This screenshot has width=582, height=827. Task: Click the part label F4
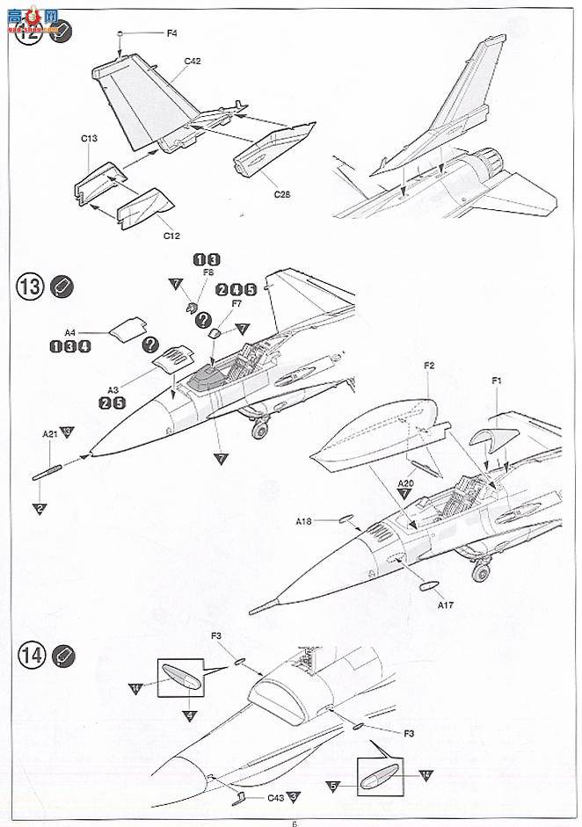[171, 33]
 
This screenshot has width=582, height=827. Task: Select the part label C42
[193, 61]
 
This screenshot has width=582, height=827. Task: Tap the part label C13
[89, 139]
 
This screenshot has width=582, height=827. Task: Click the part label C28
[281, 193]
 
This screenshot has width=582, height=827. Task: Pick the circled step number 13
[29, 287]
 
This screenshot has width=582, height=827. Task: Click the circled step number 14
[29, 654]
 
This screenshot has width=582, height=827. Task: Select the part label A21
[50, 433]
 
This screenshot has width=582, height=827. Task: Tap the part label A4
[70, 332]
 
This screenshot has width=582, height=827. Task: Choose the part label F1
[496, 381]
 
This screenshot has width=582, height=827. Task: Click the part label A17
[447, 604]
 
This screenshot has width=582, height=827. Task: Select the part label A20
[405, 482]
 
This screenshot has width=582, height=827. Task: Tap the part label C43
[276, 798]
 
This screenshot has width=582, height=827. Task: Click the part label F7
[235, 304]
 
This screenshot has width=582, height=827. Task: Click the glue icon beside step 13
[62, 287]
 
